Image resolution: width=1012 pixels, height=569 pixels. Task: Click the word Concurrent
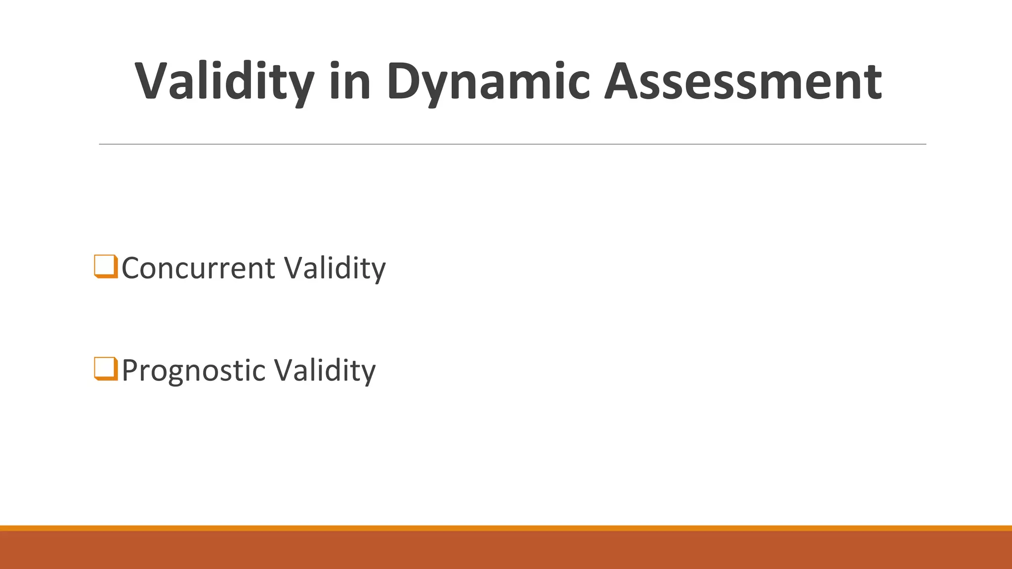[198, 268]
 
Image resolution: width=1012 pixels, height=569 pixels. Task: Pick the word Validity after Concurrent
[335, 268]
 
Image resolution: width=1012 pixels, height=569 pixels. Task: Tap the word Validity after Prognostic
[325, 370]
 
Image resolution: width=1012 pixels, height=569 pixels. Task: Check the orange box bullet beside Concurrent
[106, 266]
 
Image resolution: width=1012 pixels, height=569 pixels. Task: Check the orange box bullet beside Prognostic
[106, 368]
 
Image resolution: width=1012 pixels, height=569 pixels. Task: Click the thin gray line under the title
[512, 144]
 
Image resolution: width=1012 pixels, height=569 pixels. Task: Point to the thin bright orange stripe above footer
[506, 528]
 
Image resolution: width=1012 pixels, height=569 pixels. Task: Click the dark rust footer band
[506, 550]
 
